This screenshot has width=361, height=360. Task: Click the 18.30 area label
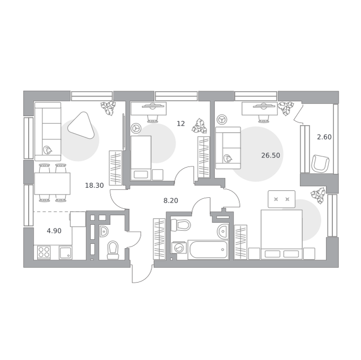[x=94, y=185]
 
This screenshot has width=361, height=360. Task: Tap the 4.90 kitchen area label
[x=54, y=231]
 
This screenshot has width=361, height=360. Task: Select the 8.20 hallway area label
[x=170, y=201]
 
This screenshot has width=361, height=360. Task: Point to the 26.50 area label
[x=271, y=155]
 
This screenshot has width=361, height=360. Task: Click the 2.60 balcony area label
[x=324, y=137]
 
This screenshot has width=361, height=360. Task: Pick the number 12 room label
[x=180, y=124]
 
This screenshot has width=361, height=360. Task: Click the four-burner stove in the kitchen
[x=44, y=252]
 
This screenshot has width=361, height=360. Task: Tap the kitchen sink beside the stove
[x=66, y=253]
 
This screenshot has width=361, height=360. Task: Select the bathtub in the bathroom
[x=208, y=250]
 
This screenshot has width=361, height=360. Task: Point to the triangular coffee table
[x=81, y=125]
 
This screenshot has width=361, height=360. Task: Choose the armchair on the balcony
[x=320, y=163]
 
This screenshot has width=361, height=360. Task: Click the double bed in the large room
[x=281, y=234]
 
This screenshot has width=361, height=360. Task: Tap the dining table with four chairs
[x=52, y=183]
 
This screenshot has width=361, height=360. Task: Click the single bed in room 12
[x=141, y=158]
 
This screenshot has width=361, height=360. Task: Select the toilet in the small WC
[x=113, y=250]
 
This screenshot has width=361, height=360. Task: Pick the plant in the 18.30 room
[x=108, y=108]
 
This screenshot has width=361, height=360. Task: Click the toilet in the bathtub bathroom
[x=180, y=225]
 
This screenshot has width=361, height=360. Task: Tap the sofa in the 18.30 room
[x=48, y=131]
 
